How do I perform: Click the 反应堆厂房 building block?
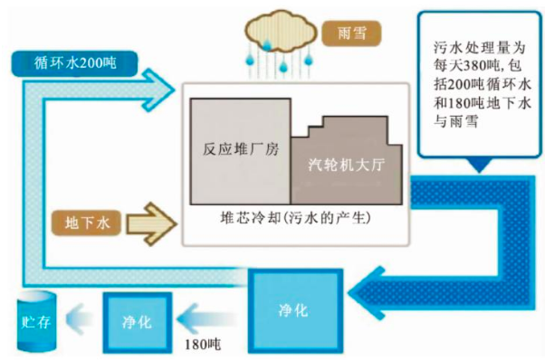240,150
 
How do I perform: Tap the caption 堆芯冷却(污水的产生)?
292,220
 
